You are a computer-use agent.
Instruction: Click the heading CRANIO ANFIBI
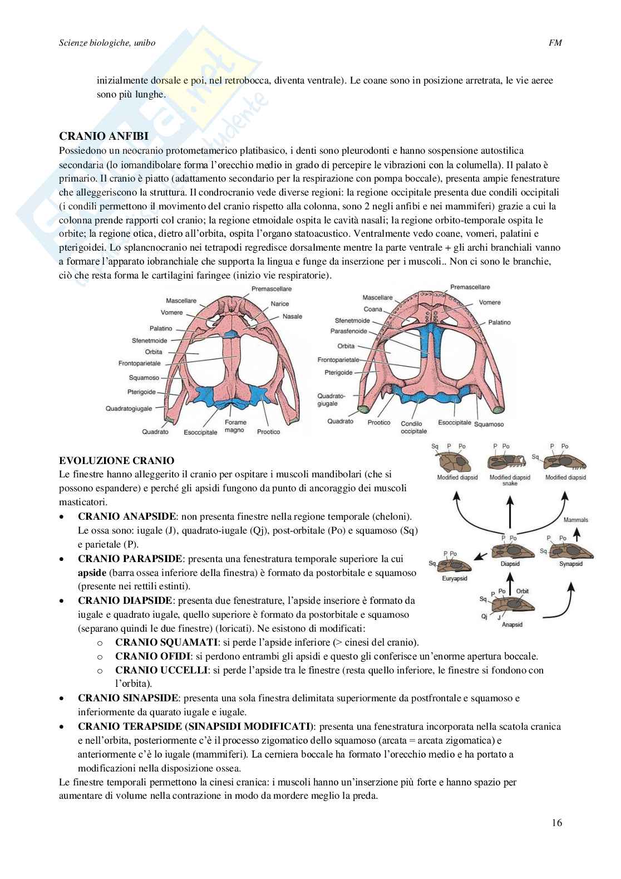pyautogui.click(x=100, y=137)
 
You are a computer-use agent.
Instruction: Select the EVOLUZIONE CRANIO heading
pyautogui.click(x=116, y=460)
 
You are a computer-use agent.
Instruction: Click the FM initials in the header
pyautogui.click(x=555, y=42)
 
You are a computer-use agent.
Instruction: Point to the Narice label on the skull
pyautogui.click(x=280, y=304)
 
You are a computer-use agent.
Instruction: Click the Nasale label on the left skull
pyautogui.click(x=292, y=316)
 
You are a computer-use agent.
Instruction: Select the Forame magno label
pyautogui.click(x=235, y=426)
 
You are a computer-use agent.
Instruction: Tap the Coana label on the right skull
pyautogui.click(x=373, y=309)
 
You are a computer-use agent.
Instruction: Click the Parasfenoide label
pyautogui.click(x=349, y=331)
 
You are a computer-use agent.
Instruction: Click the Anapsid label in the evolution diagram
pyautogui.click(x=512, y=624)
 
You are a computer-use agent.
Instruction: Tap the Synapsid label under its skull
pyautogui.click(x=570, y=564)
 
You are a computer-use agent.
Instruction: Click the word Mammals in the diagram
pyautogui.click(x=575, y=520)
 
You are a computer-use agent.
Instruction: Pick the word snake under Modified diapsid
pyautogui.click(x=510, y=484)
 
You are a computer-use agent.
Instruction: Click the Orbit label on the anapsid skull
pyautogui.click(x=522, y=591)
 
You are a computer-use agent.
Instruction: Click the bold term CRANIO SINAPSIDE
pyautogui.click(x=129, y=697)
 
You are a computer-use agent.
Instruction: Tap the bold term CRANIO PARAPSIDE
pyautogui.click(x=130, y=558)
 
